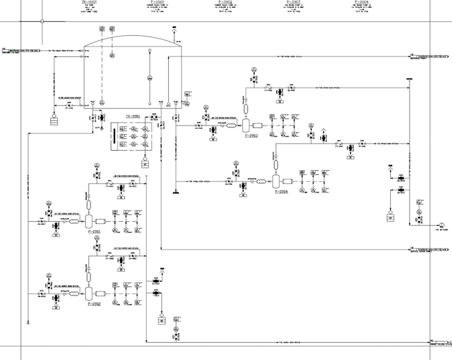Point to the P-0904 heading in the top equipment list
(361, 2)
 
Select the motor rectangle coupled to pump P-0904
(288, 181)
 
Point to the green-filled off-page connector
(3, 50)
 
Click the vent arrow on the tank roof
(173, 30)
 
